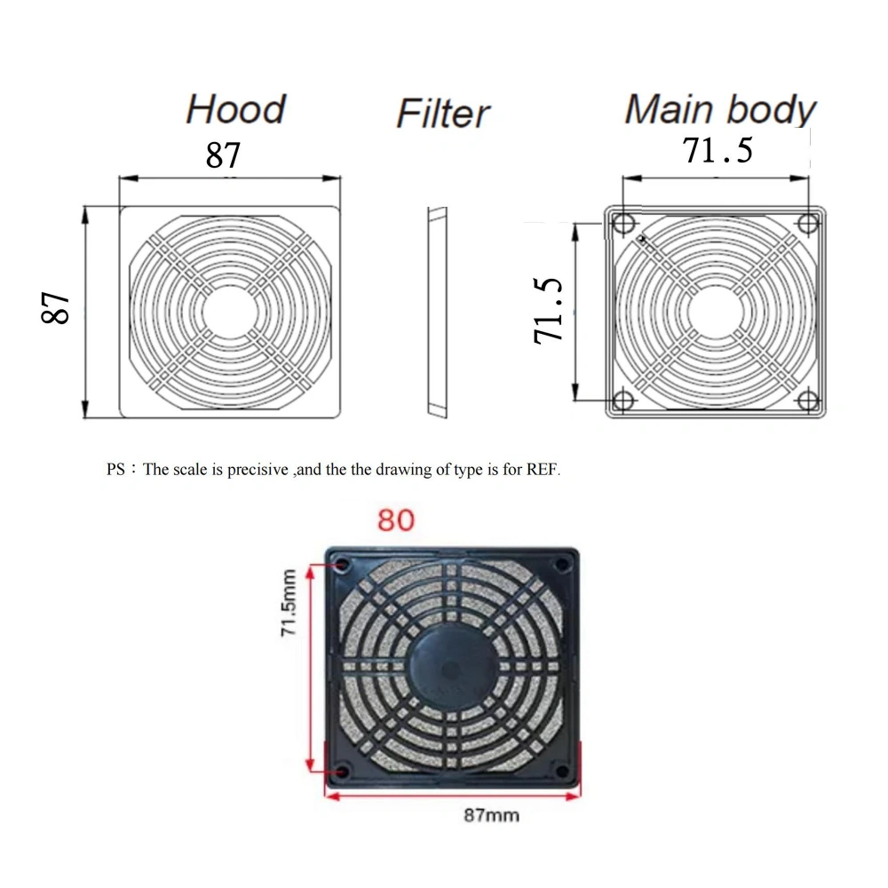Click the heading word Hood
pyautogui.click(x=235, y=109)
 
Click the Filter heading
pyautogui.click(x=442, y=114)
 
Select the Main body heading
pyautogui.click(x=719, y=109)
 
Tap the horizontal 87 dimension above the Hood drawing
pyautogui.click(x=223, y=155)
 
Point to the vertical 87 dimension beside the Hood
pyautogui.click(x=57, y=307)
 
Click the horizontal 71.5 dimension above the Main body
pyautogui.click(x=718, y=150)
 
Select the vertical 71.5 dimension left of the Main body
pyautogui.click(x=549, y=310)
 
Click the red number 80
pyautogui.click(x=395, y=519)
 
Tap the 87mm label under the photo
pyautogui.click(x=491, y=814)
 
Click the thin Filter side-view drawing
pyautogui.click(x=435, y=312)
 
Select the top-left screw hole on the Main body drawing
pyautogui.click(x=622, y=221)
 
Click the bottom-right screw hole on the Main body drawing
pyautogui.click(x=807, y=401)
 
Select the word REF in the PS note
pyautogui.click(x=544, y=470)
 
